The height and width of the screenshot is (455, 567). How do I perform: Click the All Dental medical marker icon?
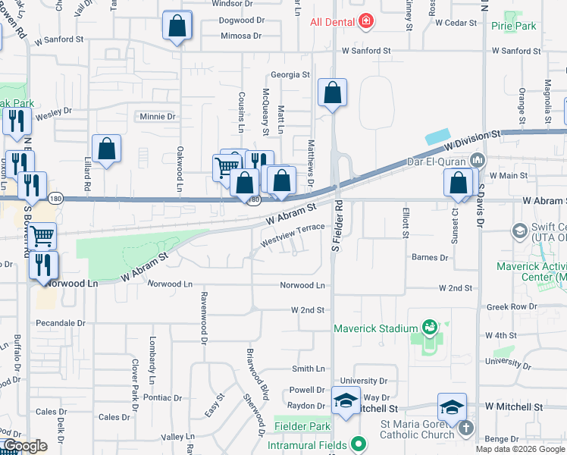point(366,21)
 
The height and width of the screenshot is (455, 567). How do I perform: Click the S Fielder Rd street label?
point(339,227)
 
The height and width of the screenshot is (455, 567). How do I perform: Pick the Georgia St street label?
point(290,74)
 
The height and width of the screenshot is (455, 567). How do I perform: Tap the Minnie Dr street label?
point(157,117)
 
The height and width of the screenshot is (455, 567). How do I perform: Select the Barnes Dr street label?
point(430,258)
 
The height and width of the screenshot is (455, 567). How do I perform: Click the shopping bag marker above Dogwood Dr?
point(177,26)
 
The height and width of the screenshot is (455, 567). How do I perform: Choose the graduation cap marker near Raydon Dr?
point(346,400)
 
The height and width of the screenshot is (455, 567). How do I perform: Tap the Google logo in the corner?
point(24,446)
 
